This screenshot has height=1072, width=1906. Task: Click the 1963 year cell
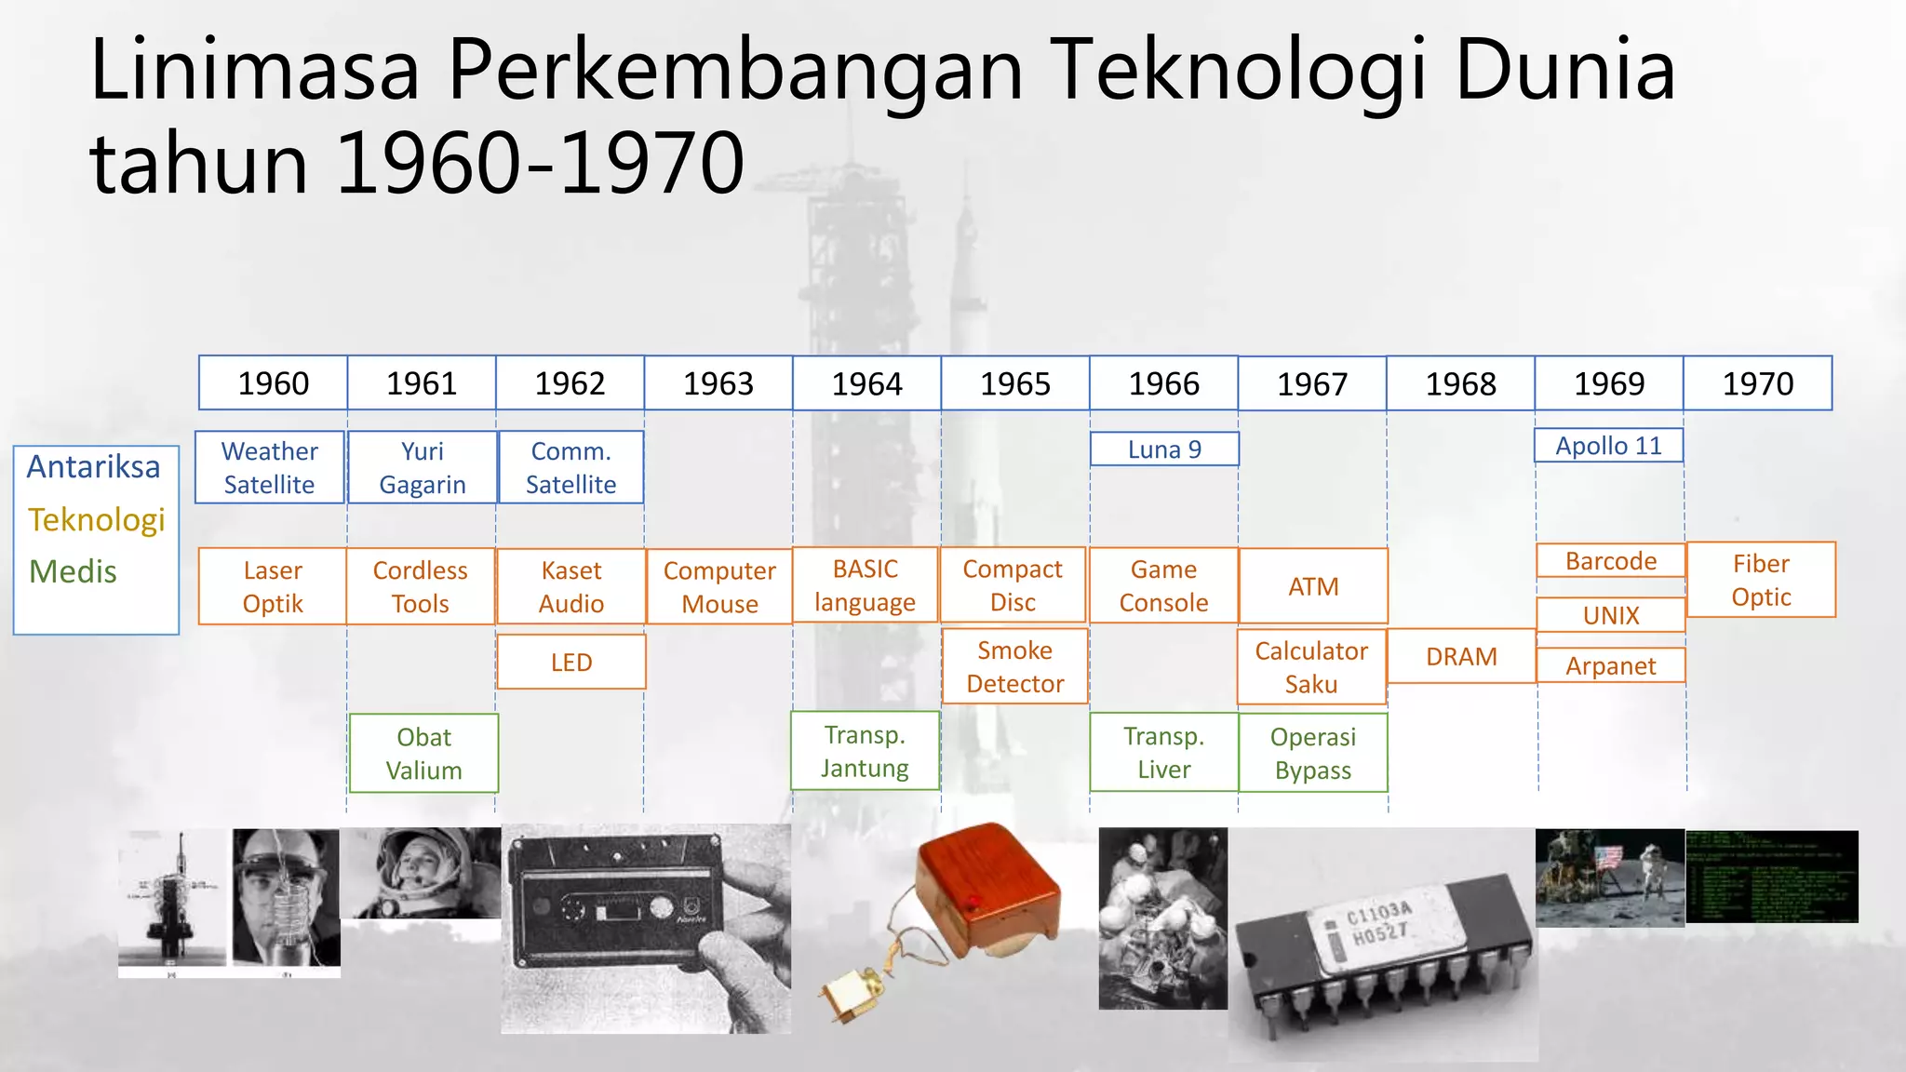(x=718, y=383)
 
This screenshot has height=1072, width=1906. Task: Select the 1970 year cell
(x=1757, y=383)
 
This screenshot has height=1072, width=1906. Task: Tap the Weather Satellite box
(x=270, y=467)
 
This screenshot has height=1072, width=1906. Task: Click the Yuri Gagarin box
(x=423, y=467)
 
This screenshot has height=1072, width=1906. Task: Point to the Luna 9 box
(x=1164, y=449)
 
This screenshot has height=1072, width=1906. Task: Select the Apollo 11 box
(x=1609, y=446)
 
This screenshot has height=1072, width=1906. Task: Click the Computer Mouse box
(x=719, y=586)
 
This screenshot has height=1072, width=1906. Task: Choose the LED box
(x=571, y=662)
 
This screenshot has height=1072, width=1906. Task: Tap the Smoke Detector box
(x=1014, y=666)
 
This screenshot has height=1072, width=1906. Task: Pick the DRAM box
(x=1461, y=656)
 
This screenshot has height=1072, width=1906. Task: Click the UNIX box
(x=1611, y=615)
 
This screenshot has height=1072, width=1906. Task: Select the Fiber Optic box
(x=1761, y=580)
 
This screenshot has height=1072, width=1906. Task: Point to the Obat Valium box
(x=423, y=753)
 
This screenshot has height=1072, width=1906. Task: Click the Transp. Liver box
(x=1164, y=752)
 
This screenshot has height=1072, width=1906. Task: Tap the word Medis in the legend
(x=73, y=571)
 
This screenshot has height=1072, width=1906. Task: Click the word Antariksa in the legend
(x=93, y=466)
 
